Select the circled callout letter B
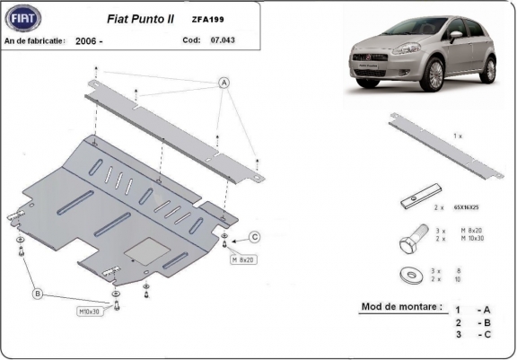(37, 293)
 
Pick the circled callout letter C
(254, 237)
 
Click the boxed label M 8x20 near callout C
(243, 259)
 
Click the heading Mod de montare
(401, 306)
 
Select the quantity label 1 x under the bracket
(458, 135)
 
